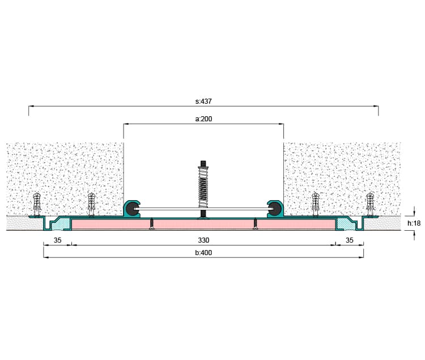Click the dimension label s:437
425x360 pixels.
(203, 101)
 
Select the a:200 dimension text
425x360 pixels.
(203, 119)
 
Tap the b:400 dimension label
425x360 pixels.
(203, 253)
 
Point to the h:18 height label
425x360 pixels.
(414, 223)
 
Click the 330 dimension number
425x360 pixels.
(203, 240)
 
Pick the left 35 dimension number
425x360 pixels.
(57, 240)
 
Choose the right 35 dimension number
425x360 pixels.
(350, 240)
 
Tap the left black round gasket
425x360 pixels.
(131, 209)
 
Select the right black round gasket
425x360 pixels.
(275, 209)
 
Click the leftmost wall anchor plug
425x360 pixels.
(37, 204)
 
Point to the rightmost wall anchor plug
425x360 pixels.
(370, 204)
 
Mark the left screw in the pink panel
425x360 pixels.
(151, 223)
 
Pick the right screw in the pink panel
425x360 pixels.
(255, 223)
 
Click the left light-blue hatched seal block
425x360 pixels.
(61, 224)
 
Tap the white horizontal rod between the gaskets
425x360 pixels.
(203, 209)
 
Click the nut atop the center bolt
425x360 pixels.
(203, 164)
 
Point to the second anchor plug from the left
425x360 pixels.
(92, 204)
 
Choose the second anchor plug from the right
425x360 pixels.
(315, 204)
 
